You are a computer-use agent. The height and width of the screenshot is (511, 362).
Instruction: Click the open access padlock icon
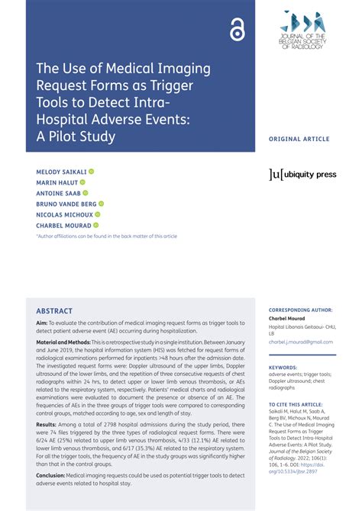click(236, 30)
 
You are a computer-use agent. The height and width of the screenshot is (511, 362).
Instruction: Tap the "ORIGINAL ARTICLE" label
click(299, 140)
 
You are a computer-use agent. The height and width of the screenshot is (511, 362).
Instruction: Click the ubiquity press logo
click(302, 175)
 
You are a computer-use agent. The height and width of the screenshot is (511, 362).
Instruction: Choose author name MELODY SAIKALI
click(61, 172)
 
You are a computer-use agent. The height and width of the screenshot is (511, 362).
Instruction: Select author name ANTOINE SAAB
click(59, 193)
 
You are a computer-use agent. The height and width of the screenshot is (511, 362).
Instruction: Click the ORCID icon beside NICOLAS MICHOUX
click(98, 214)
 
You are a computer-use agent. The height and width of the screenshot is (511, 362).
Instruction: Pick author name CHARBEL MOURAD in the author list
click(63, 225)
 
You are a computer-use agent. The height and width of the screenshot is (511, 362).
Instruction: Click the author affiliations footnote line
click(106, 236)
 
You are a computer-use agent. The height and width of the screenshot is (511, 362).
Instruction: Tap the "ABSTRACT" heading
click(54, 311)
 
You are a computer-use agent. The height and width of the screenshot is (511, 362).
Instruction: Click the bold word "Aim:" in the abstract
click(42, 323)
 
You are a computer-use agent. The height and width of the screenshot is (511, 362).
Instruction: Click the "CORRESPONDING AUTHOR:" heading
click(301, 311)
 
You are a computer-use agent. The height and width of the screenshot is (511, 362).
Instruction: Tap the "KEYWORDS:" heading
click(283, 368)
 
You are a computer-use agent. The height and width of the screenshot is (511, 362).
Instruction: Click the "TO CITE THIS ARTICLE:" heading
click(296, 404)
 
